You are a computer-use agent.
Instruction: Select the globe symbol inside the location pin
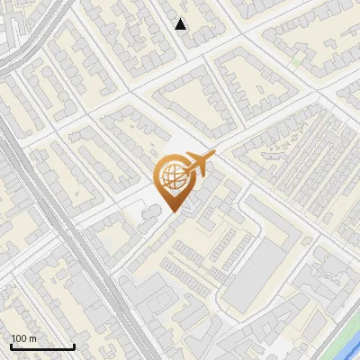(x=171, y=177)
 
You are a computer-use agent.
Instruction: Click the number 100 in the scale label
(x=19, y=338)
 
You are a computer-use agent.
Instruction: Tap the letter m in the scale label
(x=31, y=338)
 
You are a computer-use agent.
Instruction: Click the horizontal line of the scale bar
(x=42, y=346)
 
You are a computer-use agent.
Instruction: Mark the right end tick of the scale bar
(x=75, y=345)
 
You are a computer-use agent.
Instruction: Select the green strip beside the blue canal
(x=337, y=333)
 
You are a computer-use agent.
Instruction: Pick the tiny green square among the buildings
(x=297, y=61)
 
